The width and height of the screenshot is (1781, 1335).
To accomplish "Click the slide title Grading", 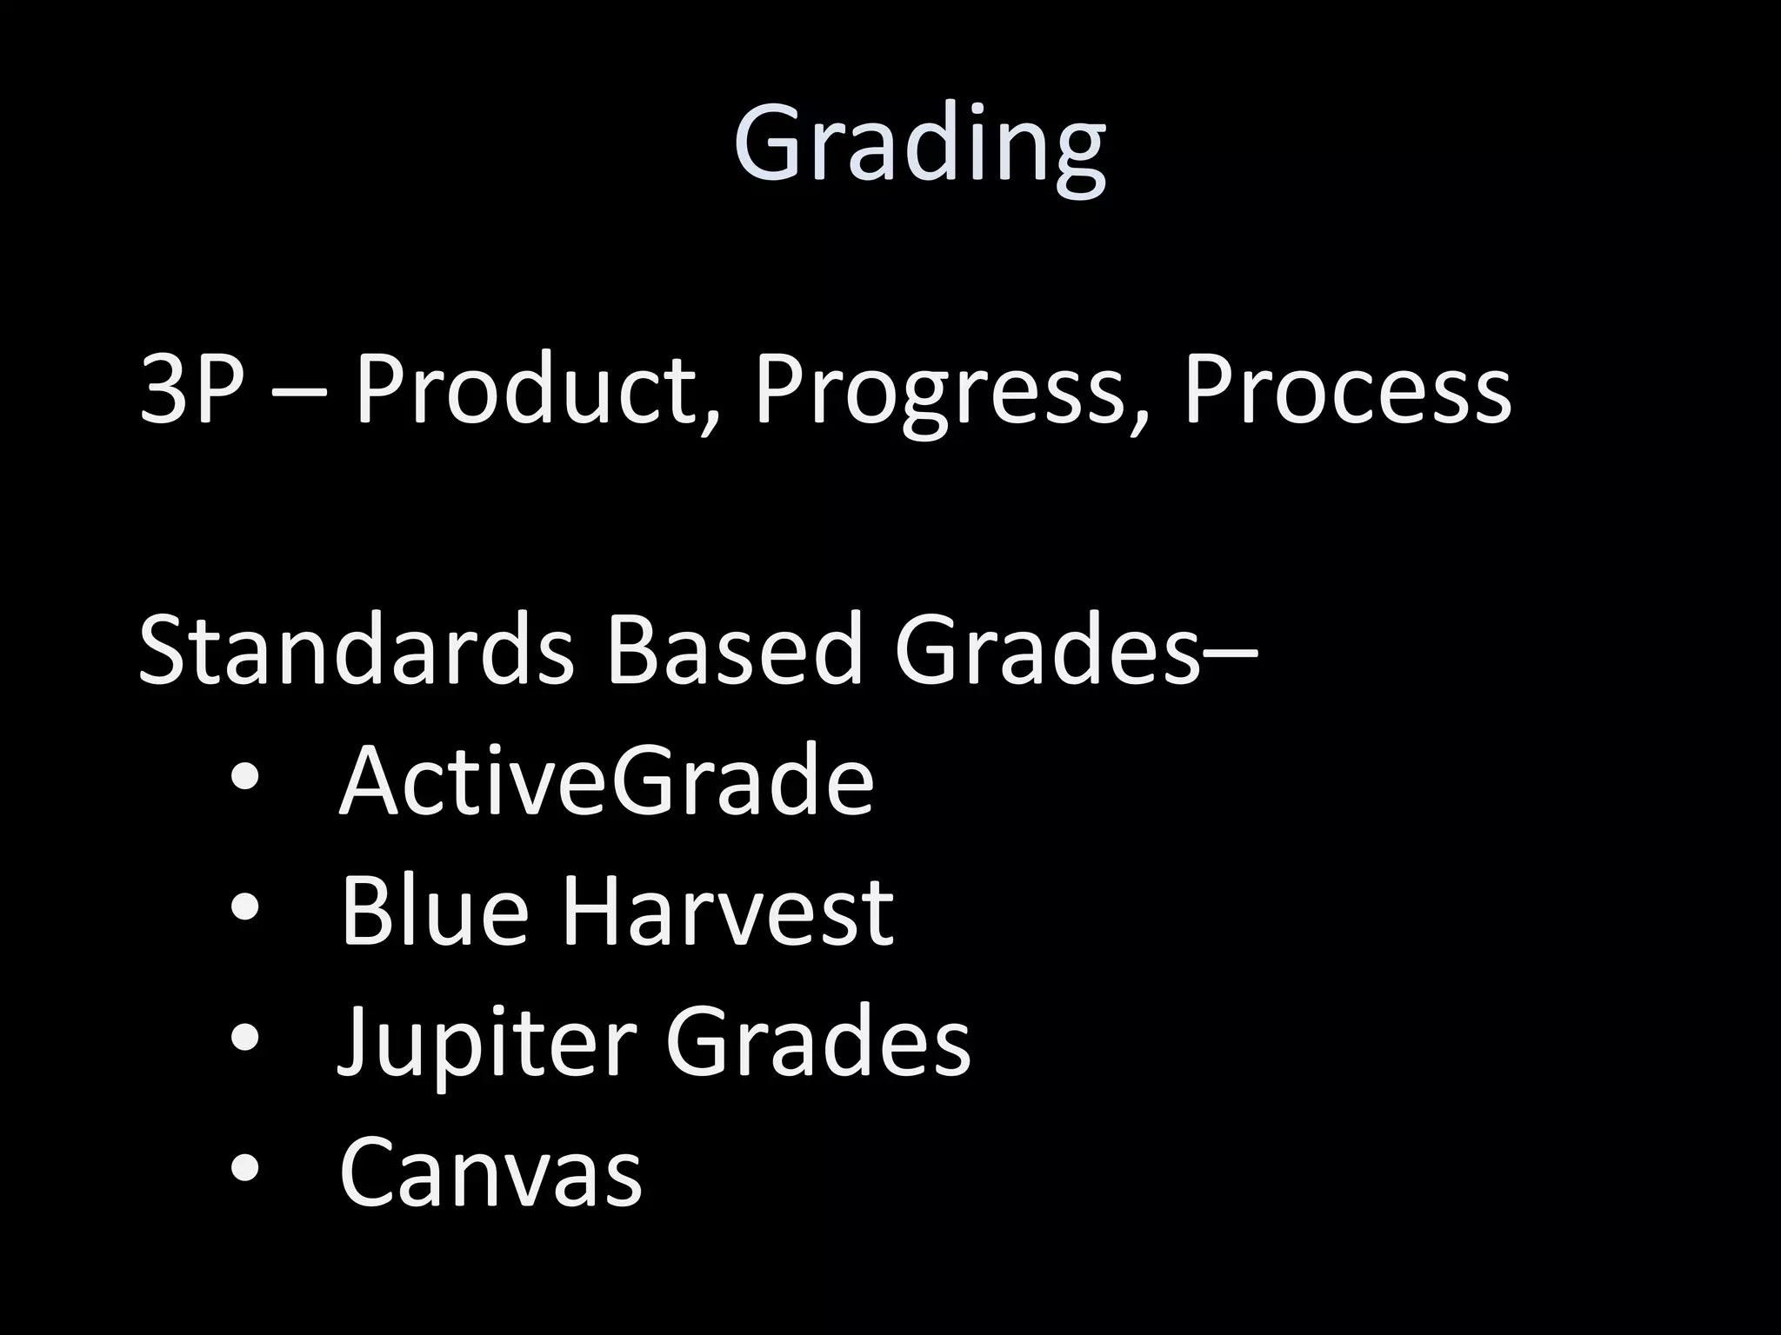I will [x=919, y=143].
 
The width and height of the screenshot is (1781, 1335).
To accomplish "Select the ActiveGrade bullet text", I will [x=606, y=780].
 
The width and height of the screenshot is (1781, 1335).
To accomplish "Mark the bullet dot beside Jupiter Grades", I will [x=245, y=1039].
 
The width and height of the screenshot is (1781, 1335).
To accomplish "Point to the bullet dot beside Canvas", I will [x=245, y=1169].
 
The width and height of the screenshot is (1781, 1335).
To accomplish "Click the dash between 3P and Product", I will [x=299, y=396].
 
